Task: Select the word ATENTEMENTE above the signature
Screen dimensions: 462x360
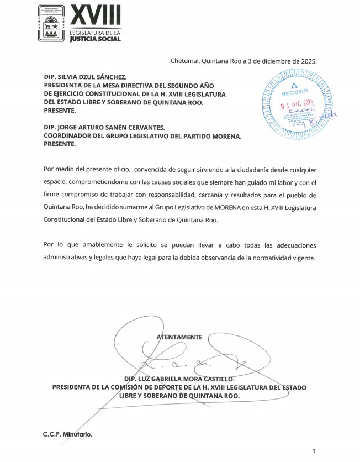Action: pyautogui.click(x=179, y=337)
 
